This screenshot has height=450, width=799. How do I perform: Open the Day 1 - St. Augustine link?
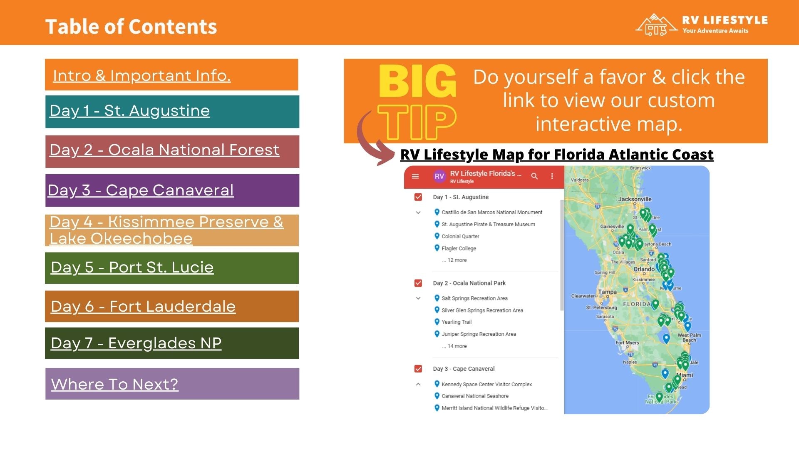tap(129, 111)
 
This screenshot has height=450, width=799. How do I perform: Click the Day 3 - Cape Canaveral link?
tap(141, 190)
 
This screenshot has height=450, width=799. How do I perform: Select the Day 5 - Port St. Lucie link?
tap(132, 267)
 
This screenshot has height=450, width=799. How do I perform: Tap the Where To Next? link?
tap(114, 384)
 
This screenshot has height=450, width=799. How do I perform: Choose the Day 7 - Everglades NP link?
tap(136, 343)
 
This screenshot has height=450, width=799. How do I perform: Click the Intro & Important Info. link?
tap(141, 76)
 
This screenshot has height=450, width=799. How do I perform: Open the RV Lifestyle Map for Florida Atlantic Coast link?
tap(556, 155)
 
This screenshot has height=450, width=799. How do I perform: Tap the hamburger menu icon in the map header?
tap(415, 176)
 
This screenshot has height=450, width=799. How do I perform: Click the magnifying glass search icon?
tap(534, 176)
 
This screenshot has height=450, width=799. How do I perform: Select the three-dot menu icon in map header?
tap(552, 176)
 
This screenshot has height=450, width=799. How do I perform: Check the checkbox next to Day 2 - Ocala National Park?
tap(418, 283)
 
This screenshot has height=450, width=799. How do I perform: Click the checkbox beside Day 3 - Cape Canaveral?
tap(418, 369)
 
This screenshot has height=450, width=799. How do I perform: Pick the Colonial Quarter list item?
tap(460, 236)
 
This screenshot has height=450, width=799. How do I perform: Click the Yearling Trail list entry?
tap(456, 322)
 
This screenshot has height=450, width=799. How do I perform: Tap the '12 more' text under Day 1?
tap(457, 260)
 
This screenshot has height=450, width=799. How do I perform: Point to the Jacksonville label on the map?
tap(635, 199)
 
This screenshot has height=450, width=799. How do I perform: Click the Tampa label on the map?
tap(607, 292)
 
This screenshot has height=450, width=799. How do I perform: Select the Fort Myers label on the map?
tap(627, 343)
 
